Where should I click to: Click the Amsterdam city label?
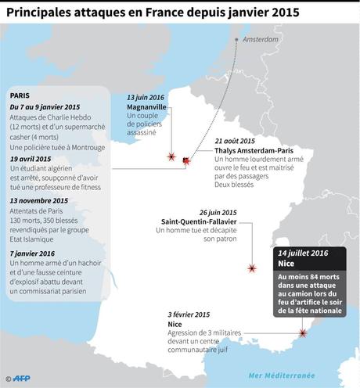coord(261,39)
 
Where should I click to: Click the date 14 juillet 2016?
coord(304,255)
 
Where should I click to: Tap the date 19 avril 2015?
coord(35,158)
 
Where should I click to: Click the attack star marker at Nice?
coord(303,334)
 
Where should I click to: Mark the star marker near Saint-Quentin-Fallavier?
coord(252,268)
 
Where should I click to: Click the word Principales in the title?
coord(45,11)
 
